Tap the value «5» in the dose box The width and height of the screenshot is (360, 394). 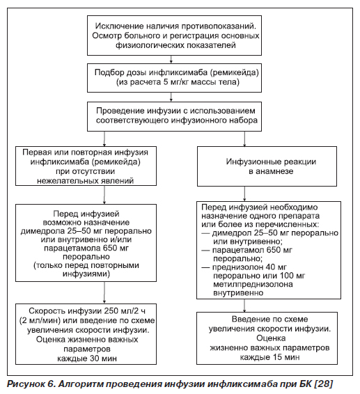click(x=166, y=82)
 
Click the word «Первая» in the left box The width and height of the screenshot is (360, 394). click(x=37, y=152)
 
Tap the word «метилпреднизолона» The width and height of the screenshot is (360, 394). click(x=253, y=284)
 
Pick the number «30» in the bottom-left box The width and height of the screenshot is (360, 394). click(x=89, y=358)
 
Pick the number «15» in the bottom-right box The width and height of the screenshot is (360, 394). click(x=272, y=357)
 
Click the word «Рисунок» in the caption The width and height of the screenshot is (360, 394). click(x=25, y=384)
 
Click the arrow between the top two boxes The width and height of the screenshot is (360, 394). click(x=171, y=59)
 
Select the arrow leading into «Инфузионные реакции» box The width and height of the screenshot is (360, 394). click(x=244, y=139)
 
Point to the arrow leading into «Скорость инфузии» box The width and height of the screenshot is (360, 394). click(x=104, y=293)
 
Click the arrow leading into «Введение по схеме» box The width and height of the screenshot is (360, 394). click(x=244, y=306)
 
